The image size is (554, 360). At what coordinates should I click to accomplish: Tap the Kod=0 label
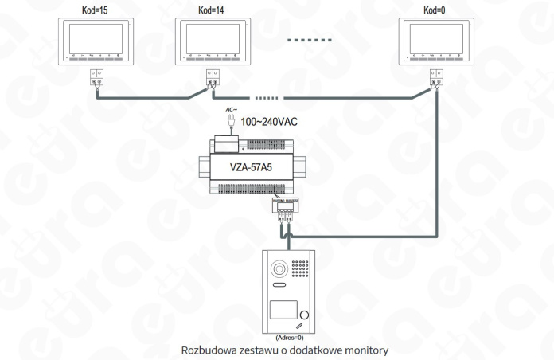coord(434,10)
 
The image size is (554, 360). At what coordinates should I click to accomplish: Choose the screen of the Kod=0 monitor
coord(435,38)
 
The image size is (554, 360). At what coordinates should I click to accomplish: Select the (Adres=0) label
coord(287,337)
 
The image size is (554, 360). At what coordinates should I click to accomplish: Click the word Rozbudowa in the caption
coord(209,350)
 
